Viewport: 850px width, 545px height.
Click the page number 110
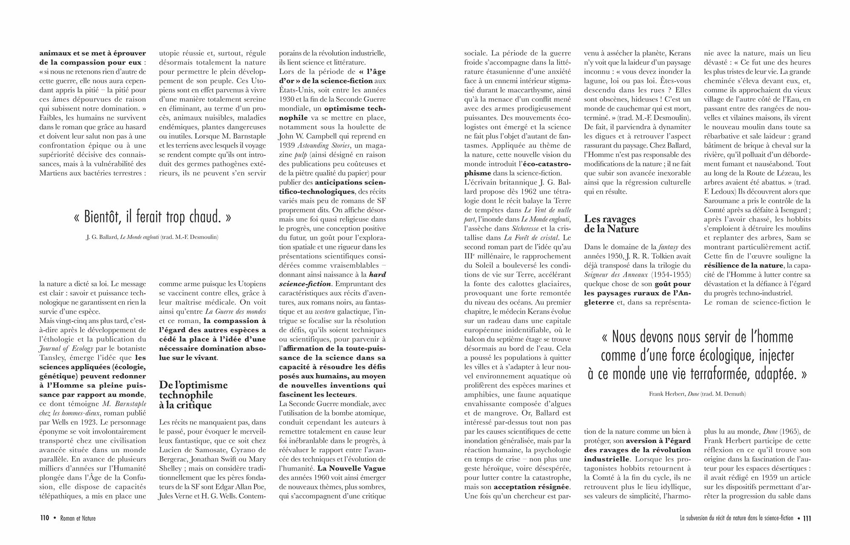[45, 518]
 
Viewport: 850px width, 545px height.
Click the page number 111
[807, 518]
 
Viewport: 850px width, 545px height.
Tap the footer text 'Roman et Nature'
[78, 518]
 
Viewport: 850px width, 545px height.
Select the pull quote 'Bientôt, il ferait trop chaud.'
[153, 217]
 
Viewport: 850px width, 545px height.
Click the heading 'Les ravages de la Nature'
[611, 224]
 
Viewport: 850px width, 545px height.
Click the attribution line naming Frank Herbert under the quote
[697, 394]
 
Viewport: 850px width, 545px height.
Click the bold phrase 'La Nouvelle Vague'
[351, 468]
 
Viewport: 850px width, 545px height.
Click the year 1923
[85, 422]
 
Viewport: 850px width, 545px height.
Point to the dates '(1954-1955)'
[671, 275]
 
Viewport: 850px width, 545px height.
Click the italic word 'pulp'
[300, 155]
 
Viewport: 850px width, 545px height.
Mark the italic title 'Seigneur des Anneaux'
[616, 275]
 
